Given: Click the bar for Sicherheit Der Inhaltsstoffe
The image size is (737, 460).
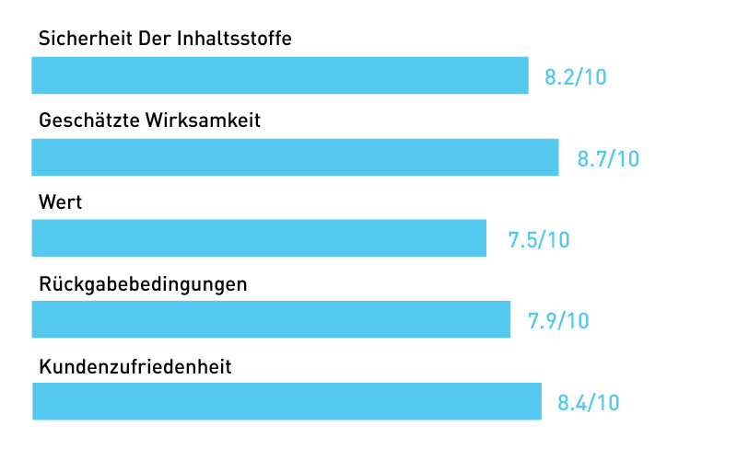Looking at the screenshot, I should pyautogui.click(x=280, y=75).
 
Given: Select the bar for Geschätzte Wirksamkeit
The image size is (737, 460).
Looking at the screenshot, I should pyautogui.click(x=295, y=157).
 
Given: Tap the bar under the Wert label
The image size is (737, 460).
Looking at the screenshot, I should pyautogui.click(x=259, y=238).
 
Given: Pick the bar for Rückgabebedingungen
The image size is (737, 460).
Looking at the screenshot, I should pyautogui.click(x=271, y=319).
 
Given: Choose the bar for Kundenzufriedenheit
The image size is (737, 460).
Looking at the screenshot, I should pyautogui.click(x=287, y=401).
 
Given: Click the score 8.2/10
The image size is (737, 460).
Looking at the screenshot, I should pyautogui.click(x=576, y=77).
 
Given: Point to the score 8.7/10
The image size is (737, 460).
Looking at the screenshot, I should pyautogui.click(x=608, y=158).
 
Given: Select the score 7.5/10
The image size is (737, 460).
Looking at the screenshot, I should pyautogui.click(x=539, y=240).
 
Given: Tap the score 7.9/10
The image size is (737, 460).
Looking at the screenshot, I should pyautogui.click(x=558, y=321).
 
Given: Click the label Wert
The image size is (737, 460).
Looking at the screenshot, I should pyautogui.click(x=61, y=202).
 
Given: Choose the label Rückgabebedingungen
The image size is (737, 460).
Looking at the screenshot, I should pyautogui.click(x=143, y=284).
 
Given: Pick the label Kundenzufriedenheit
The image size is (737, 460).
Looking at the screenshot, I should pyautogui.click(x=135, y=366).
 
